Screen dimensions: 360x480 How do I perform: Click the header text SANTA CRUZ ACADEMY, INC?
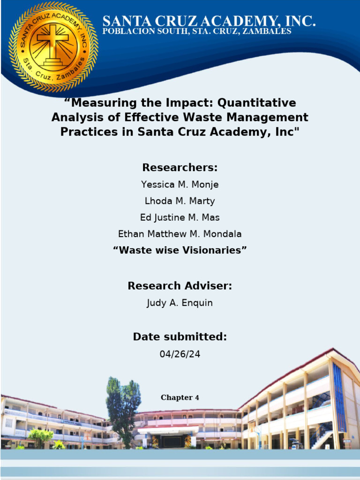click(x=209, y=22)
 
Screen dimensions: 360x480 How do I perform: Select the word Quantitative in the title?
click(x=256, y=103)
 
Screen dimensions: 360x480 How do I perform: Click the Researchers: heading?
click(x=180, y=167)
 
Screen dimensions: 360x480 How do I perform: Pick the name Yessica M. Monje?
click(x=180, y=185)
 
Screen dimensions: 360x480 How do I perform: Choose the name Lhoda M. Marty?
click(x=180, y=201)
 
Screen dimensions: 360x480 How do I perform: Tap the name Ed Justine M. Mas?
click(x=180, y=217)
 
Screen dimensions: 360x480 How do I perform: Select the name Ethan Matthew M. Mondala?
click(x=180, y=234)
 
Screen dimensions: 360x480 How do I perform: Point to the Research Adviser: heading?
click(x=180, y=285)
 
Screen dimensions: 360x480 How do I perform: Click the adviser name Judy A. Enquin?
click(x=180, y=303)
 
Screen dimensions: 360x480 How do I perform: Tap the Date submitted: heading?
click(x=180, y=337)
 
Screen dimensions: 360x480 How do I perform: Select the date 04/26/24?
click(x=180, y=354)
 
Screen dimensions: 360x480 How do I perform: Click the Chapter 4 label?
click(x=180, y=397)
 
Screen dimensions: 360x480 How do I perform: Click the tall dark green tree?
click(x=123, y=410)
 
